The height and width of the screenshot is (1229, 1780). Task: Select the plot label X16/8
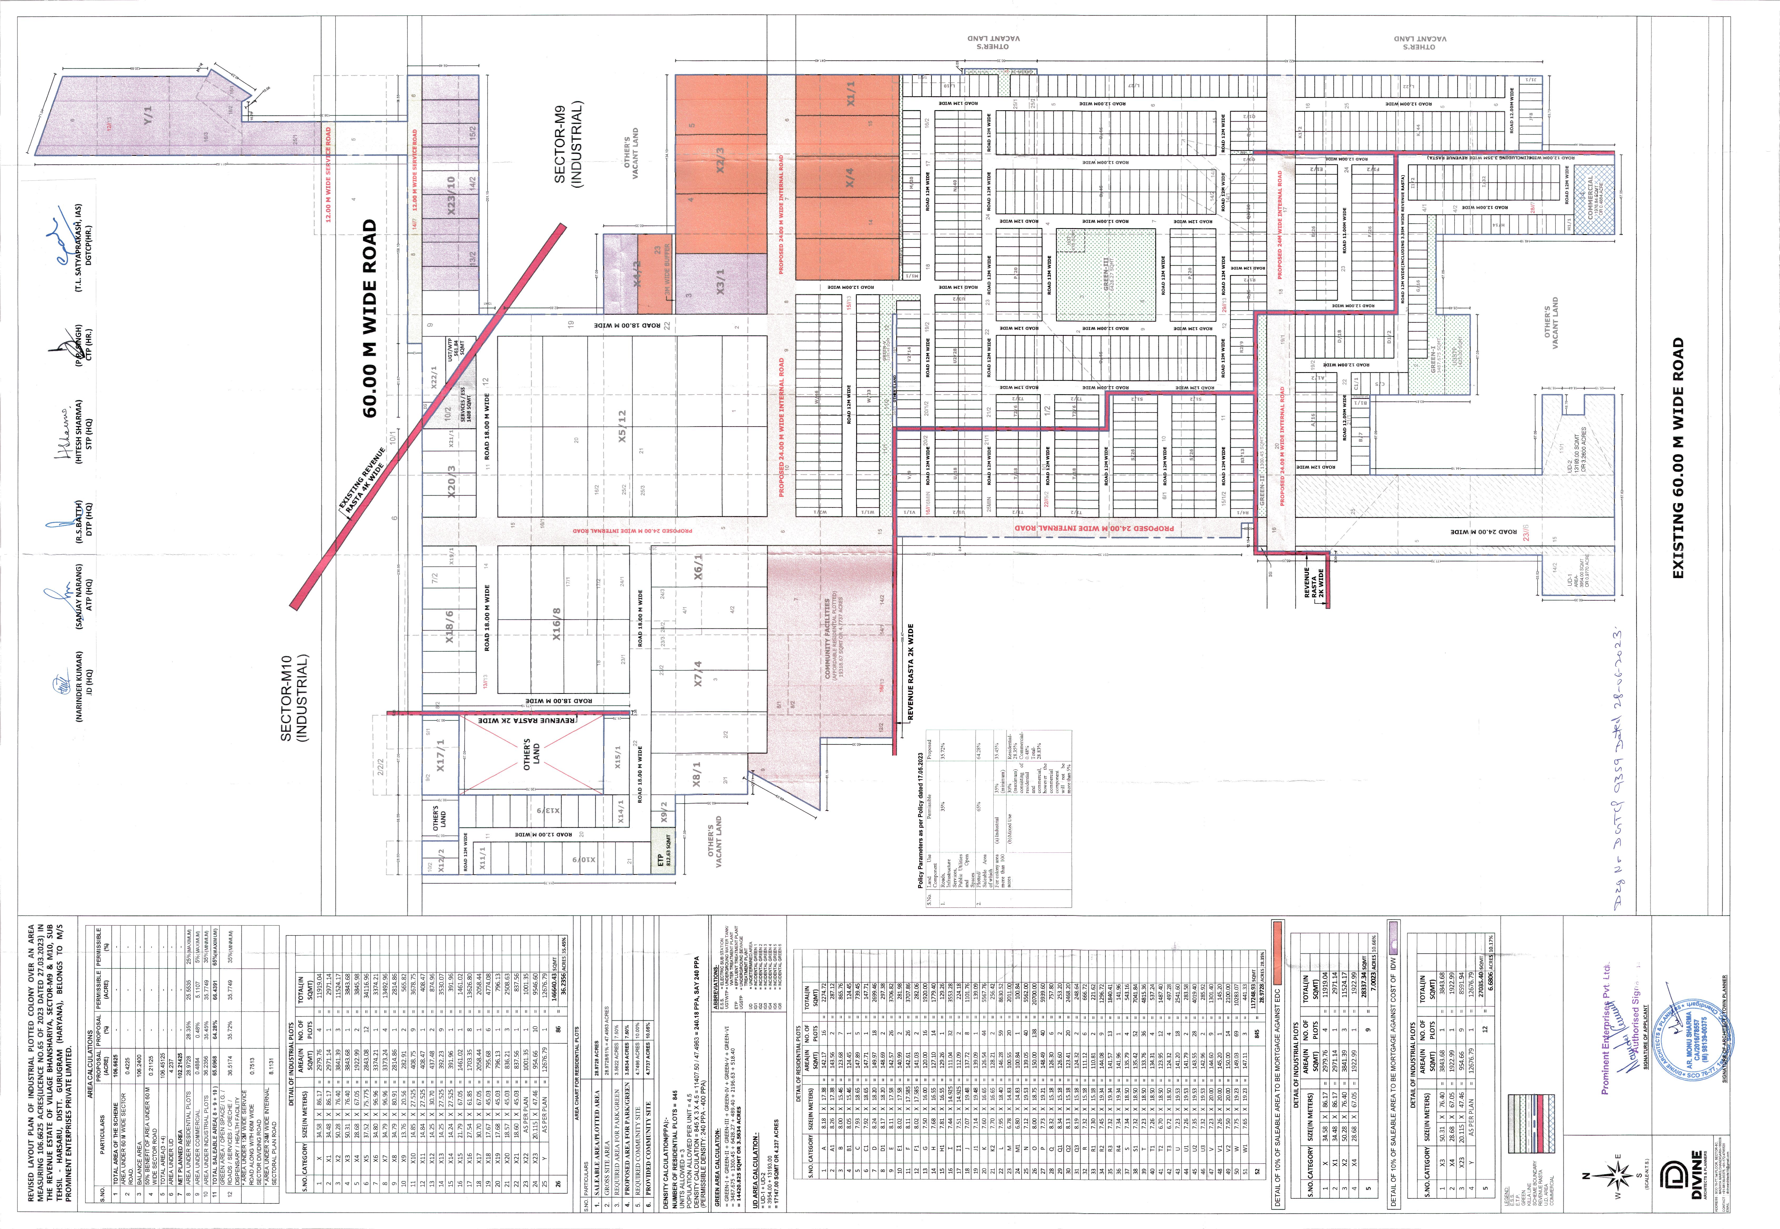point(556,624)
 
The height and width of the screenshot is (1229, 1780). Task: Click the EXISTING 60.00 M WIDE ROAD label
point(1678,458)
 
